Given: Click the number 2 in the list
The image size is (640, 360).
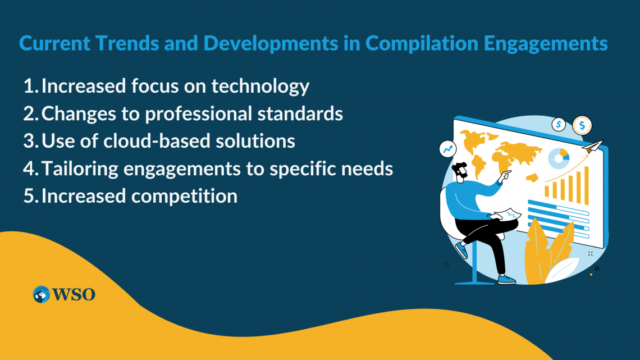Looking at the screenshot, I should coord(30,113).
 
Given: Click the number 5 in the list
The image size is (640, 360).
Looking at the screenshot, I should coord(30,196).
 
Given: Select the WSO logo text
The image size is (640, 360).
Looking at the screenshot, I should coord(74,294).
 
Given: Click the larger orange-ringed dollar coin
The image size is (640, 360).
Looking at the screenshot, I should coord(582,124).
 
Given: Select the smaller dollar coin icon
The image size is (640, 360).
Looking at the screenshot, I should coord(559,124).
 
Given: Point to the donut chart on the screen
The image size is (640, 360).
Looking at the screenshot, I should coord(559,159).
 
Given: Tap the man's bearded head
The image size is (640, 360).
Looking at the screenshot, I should coord(461,171).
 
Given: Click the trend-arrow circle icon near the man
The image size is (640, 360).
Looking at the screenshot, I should coord(447,148).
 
